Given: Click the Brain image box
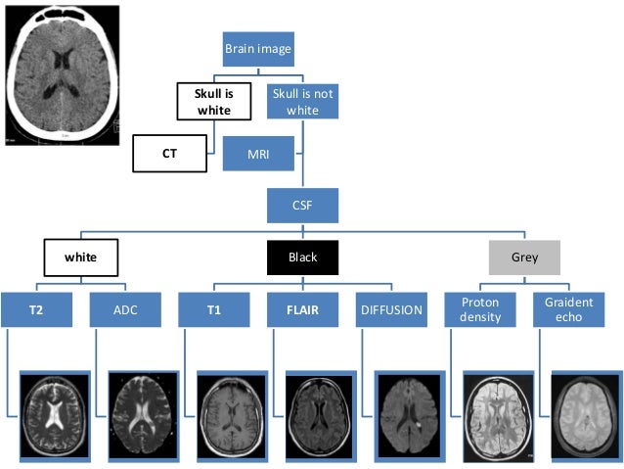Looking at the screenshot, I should [258, 48].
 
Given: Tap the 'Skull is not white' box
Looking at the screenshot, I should [302, 101].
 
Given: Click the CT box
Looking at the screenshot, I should [170, 153].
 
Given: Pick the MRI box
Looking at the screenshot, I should [257, 153].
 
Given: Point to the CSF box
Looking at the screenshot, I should [302, 206].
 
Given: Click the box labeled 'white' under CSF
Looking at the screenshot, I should [80, 258].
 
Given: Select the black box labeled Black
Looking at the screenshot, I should [302, 258].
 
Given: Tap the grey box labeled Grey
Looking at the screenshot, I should [524, 258].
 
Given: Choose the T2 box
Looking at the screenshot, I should [36, 310].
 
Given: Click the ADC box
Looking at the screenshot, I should [125, 310].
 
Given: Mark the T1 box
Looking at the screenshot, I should [213, 310].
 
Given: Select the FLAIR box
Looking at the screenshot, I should [302, 310].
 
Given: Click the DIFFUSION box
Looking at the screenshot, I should [391, 310].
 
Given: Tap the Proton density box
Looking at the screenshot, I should [480, 310].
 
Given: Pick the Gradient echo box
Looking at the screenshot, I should [569, 310].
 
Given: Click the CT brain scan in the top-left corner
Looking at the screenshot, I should [63, 73].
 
